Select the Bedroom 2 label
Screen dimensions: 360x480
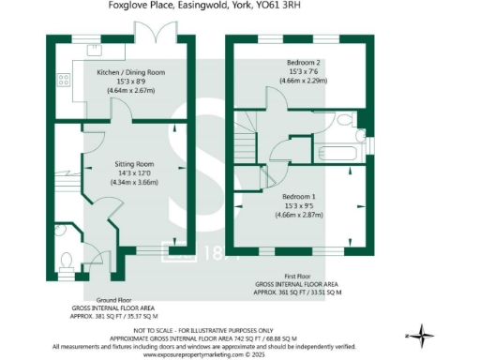(x=302, y=62)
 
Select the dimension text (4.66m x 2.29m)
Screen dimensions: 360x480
(x=302, y=81)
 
